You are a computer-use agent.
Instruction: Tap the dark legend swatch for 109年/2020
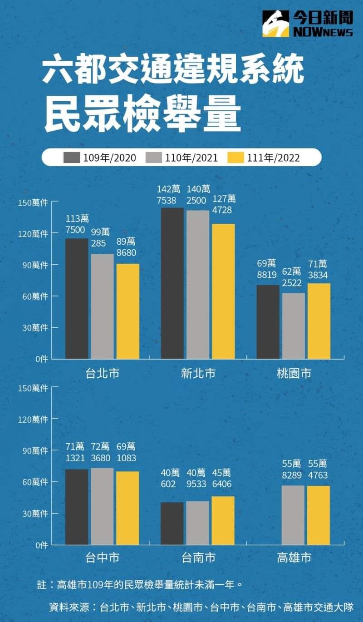[71, 158]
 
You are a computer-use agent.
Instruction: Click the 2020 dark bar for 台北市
[77, 298]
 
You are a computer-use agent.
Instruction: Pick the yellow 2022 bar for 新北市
[223, 291]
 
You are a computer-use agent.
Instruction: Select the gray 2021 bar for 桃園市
[293, 326]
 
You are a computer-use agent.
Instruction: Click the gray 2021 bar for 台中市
[102, 506]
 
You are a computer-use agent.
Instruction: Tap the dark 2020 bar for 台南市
[172, 523]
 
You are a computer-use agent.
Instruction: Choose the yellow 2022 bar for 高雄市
[318, 515]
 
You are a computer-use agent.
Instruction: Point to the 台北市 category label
[103, 374]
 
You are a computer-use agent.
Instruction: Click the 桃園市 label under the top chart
[294, 374]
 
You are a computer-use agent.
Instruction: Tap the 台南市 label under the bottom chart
[198, 557]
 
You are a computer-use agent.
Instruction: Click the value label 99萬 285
[102, 237]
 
